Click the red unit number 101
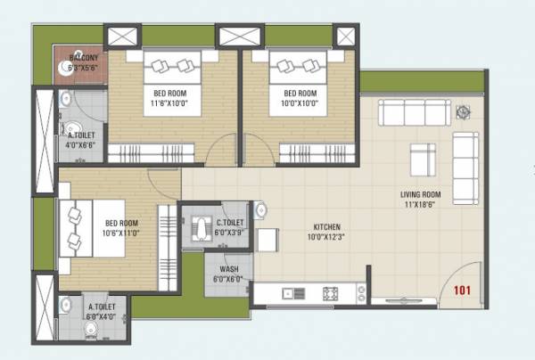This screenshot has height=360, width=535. coord(462,290)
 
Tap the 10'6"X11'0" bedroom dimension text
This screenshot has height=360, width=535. coord(122,233)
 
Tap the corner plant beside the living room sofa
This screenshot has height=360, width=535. coord(464,112)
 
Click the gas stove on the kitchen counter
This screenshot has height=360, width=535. coord(331,292)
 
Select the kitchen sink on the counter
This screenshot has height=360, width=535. coord(290,293)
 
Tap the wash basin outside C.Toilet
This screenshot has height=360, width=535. coord(259,210)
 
